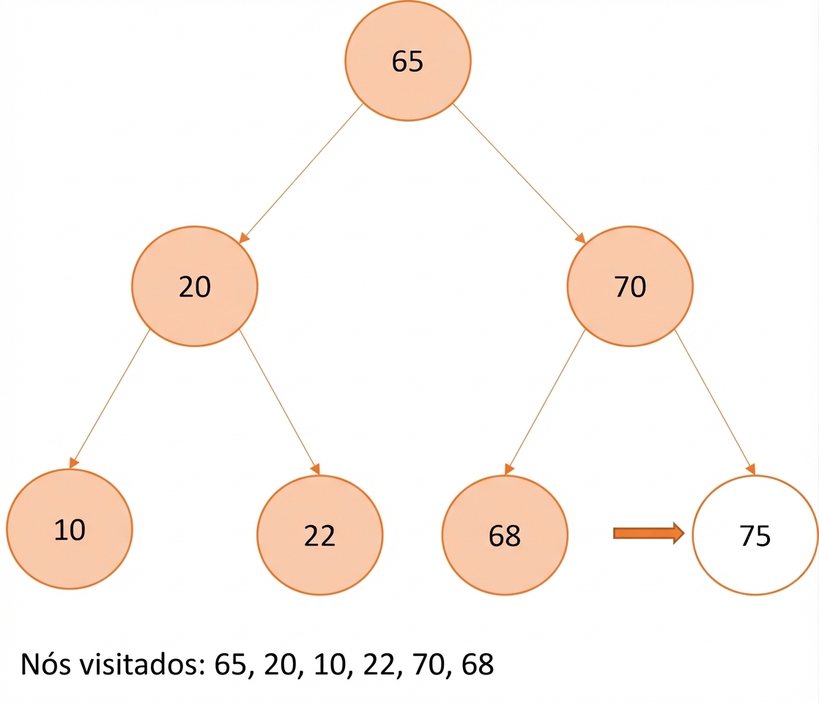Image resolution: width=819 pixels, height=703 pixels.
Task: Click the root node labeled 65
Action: pos(407,61)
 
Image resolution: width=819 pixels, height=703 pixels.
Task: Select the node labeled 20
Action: pos(194,286)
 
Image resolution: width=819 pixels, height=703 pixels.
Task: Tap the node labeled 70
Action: pos(630,286)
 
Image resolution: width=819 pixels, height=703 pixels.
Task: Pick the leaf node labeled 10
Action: pos(70,529)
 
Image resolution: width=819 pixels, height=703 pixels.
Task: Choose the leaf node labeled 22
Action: pos(319,535)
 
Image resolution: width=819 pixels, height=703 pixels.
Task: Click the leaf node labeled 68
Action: pos(505,535)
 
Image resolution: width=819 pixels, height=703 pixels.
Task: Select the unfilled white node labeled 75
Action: pos(755,535)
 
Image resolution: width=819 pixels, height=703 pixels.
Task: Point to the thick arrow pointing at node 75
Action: pos(649,533)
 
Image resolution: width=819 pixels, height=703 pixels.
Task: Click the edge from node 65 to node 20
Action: pos(300,174)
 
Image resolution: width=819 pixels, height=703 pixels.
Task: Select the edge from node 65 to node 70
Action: pos(519,174)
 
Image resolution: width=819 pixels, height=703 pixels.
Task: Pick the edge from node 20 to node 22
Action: pos(279,402)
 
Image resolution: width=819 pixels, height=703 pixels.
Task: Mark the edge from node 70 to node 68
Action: pos(545,402)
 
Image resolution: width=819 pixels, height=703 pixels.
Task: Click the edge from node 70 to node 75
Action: pos(715,402)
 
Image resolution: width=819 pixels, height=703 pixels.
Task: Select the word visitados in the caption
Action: pos(142,664)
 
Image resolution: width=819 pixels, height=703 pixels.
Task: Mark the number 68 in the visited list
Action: pos(478,664)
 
